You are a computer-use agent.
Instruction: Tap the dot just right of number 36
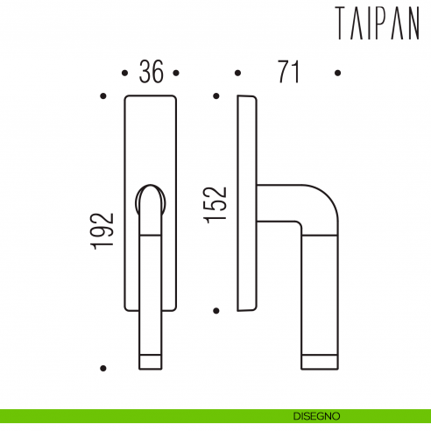point(176,74)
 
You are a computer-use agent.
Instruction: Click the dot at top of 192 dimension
point(103,96)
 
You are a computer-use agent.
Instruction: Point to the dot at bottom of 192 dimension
point(103,368)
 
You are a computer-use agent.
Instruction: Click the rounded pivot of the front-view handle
point(152,199)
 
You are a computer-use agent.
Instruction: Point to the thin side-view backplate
point(248,202)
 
